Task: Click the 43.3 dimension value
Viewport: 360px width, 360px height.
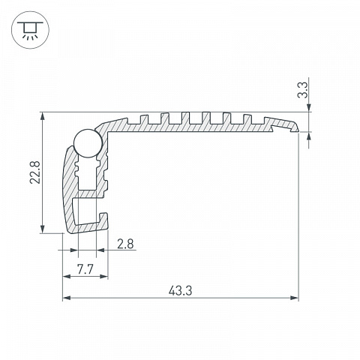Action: tap(180, 291)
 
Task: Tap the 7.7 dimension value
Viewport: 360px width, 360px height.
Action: tap(85, 269)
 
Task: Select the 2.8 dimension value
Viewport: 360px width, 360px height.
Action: tap(125, 244)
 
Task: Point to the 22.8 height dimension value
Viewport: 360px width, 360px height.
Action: tap(34, 172)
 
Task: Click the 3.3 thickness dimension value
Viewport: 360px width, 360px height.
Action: tap(303, 91)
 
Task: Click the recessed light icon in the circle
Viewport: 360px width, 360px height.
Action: tap(30, 30)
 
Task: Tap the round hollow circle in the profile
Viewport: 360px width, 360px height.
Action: tap(88, 143)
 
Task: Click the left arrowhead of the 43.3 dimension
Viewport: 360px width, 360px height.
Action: tap(66, 298)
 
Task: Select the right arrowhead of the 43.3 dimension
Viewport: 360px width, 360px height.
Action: tap(295, 298)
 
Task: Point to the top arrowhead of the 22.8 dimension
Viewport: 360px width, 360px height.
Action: tap(43, 116)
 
